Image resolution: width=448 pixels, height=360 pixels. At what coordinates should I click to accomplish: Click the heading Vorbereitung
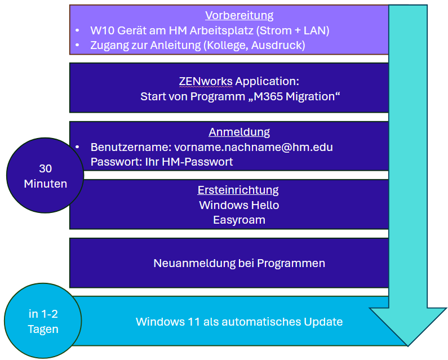[x=239, y=15]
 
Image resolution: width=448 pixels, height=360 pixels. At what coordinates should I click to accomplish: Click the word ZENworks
[x=206, y=81]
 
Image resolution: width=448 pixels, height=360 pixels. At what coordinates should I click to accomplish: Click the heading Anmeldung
[x=239, y=132]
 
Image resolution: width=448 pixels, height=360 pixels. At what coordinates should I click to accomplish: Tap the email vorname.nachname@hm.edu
[x=254, y=147]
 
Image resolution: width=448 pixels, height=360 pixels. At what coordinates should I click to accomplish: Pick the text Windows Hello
[x=239, y=205]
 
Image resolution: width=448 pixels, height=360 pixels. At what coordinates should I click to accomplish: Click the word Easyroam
[x=239, y=220]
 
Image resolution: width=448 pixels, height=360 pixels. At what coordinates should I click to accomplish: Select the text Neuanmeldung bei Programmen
[x=239, y=263]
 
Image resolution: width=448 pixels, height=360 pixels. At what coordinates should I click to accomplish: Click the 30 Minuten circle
[x=45, y=176]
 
